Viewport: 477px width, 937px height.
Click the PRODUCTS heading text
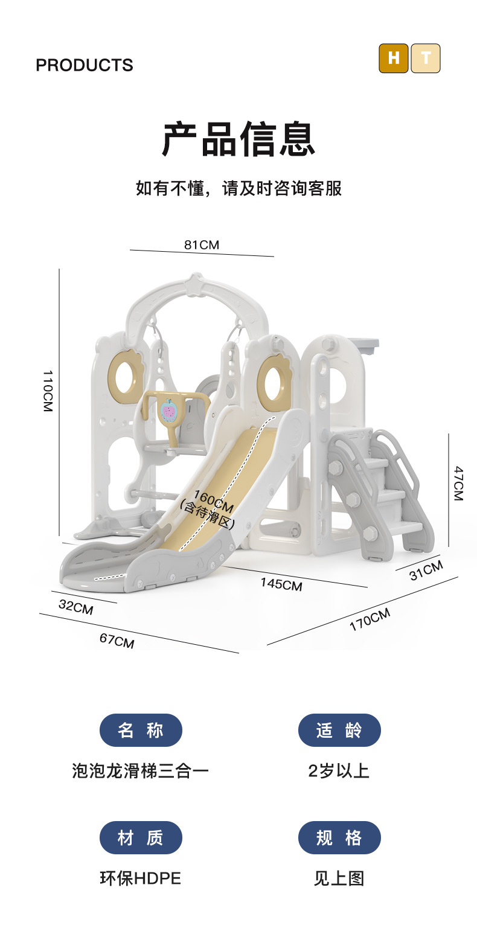[x=85, y=65]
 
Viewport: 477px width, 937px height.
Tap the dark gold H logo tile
[x=393, y=58]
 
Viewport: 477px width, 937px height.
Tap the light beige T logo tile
[x=426, y=58]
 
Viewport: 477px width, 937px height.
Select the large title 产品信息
[x=238, y=139]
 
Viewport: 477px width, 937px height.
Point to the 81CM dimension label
[x=202, y=245]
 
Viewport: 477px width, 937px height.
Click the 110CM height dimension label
[x=48, y=391]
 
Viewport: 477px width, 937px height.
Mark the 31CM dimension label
[x=426, y=571]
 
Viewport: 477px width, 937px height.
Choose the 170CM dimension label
[x=370, y=619]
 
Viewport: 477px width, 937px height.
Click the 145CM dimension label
[x=281, y=584]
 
